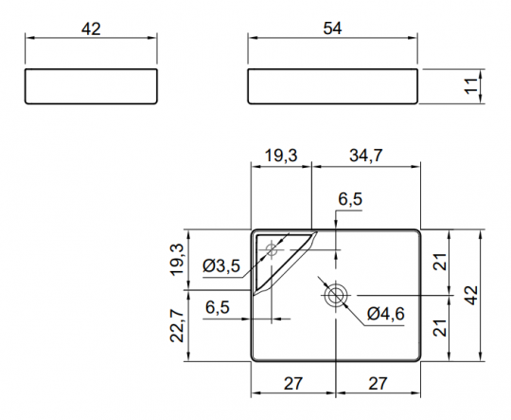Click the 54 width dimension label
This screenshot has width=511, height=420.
click(332, 28)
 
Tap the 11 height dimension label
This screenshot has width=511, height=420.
click(471, 86)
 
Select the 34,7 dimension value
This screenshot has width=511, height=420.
click(366, 155)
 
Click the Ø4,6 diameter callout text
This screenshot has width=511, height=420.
click(385, 314)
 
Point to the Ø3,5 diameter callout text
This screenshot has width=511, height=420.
click(221, 265)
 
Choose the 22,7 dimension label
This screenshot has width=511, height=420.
click(177, 325)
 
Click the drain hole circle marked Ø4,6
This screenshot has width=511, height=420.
click(335, 296)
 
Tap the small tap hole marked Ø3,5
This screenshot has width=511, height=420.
click(272, 250)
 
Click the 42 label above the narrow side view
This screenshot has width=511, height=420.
click(91, 29)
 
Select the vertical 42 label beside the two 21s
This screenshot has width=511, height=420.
click(471, 295)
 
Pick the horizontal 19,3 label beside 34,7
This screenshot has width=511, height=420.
click(281, 155)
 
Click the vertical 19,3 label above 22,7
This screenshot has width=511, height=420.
click(177, 260)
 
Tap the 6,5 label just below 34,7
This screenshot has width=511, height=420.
click(350, 199)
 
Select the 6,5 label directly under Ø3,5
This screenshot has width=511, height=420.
click(218, 307)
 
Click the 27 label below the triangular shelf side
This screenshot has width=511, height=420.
click(293, 383)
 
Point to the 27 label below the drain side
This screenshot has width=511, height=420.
click(378, 383)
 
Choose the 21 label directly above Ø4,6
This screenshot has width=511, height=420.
click(440, 262)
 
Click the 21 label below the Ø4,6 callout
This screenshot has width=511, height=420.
click(440, 328)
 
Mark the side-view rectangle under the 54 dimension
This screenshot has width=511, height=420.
click(333, 86)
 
